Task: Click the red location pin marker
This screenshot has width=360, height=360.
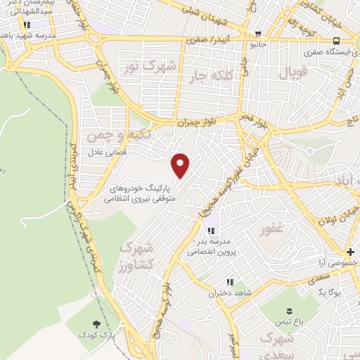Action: [181, 165]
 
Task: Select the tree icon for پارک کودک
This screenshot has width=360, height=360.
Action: [95, 324]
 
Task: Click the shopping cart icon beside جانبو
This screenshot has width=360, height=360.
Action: [259, 33]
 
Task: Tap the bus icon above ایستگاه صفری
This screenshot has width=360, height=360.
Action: [337, 40]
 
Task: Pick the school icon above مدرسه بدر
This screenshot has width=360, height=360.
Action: [210, 231]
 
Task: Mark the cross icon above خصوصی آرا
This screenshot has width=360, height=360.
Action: [349, 251]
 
